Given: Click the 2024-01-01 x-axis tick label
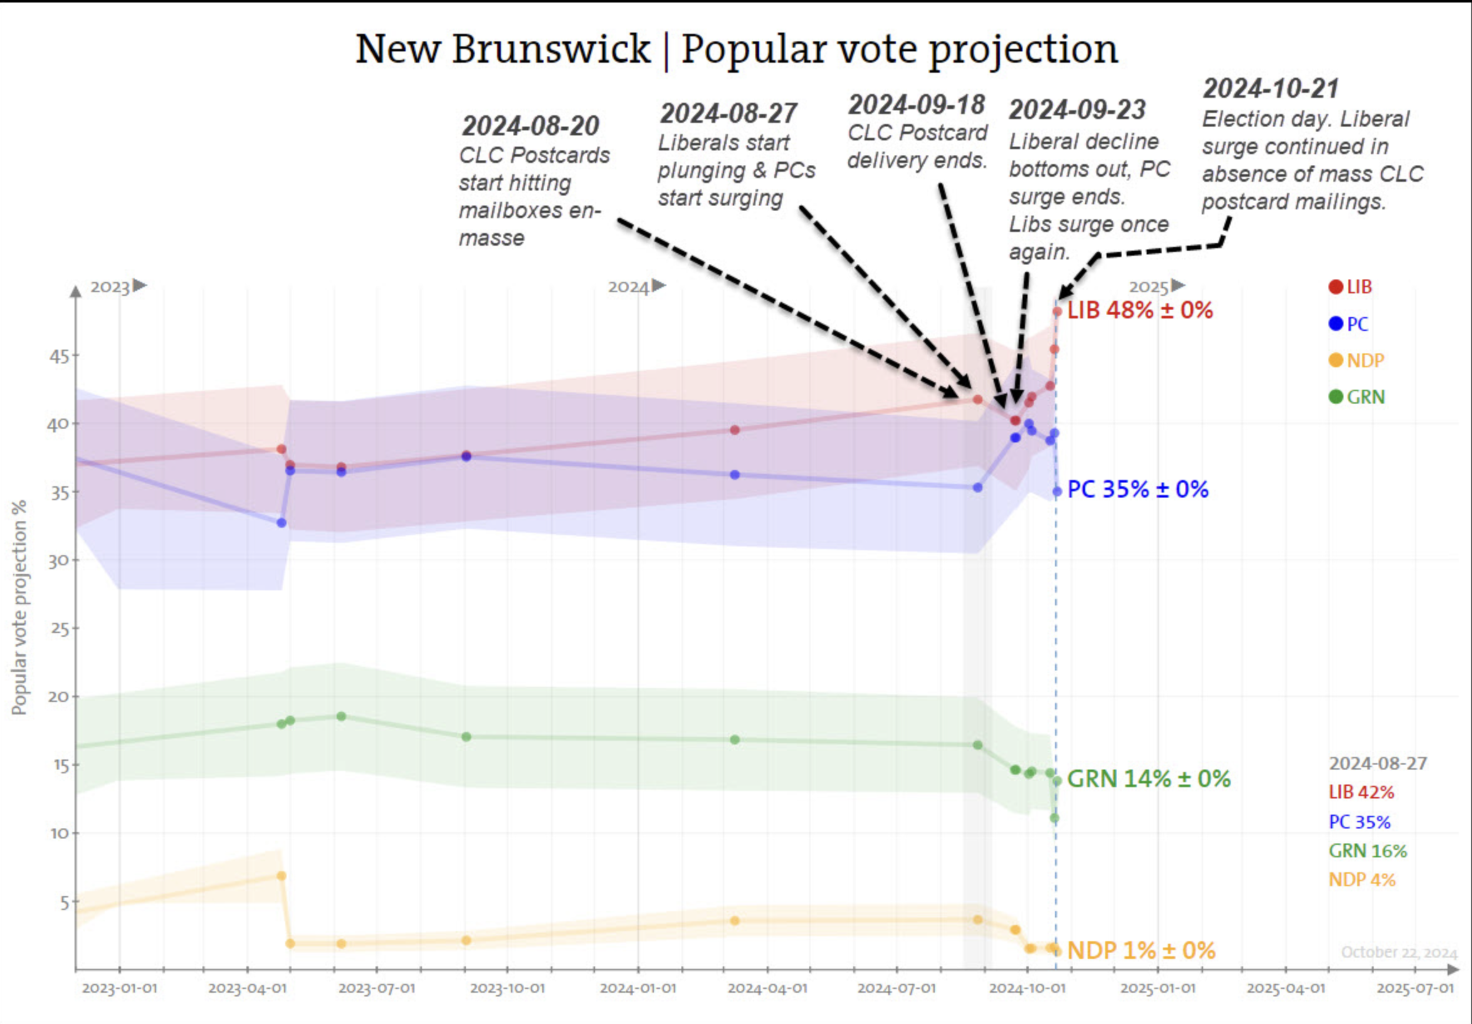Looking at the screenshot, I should (x=638, y=988).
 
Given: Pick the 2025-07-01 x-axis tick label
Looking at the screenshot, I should (x=1415, y=988).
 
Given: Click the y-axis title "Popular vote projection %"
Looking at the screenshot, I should (x=19, y=607).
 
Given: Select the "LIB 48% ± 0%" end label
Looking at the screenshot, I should (x=1140, y=311).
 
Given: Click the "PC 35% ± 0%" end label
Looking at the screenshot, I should (x=1138, y=489).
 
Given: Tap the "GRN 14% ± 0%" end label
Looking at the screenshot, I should (x=1149, y=779).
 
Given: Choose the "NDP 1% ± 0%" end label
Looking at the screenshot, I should (x=1141, y=950).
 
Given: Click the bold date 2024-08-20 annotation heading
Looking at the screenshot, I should (x=530, y=126).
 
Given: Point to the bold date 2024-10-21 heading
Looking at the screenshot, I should (x=1271, y=89).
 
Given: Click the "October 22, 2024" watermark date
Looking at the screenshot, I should (x=1399, y=952).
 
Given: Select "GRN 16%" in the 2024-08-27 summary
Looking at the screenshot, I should (x=1367, y=851).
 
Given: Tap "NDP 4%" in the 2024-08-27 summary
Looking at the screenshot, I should (x=1362, y=880).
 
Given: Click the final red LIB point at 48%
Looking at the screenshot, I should (x=1057, y=312).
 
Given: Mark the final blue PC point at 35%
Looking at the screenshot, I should (x=1057, y=491).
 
